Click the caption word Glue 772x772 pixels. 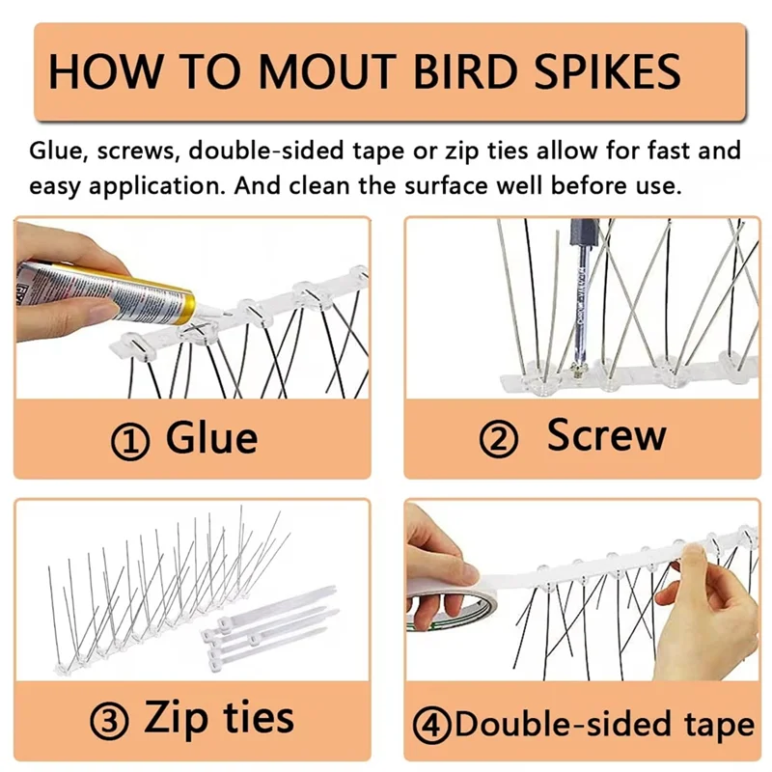pos(211,439)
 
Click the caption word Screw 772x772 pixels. pos(606,436)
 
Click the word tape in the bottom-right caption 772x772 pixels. pos(715,724)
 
